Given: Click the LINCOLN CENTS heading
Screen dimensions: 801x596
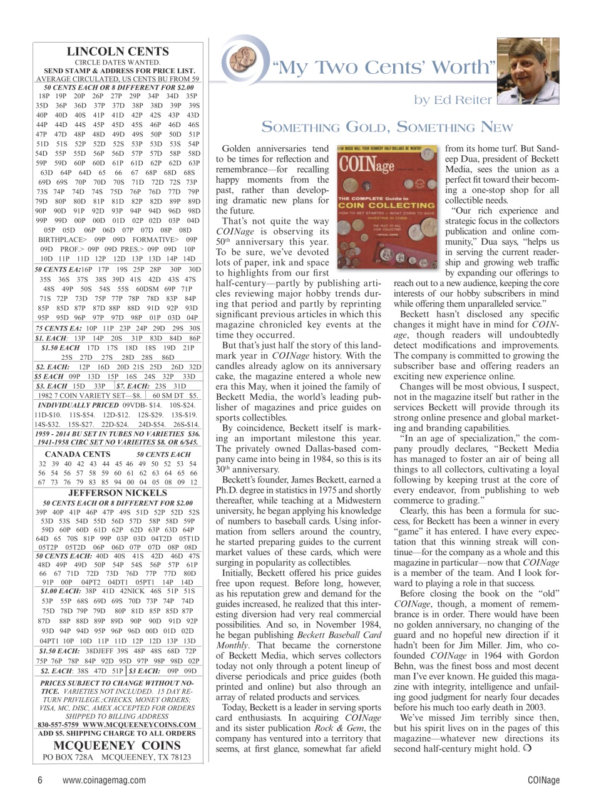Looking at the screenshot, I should pos(118,51).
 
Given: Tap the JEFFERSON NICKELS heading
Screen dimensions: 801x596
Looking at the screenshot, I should pos(118,492).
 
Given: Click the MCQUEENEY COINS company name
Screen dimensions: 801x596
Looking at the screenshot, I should pos(118,745).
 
